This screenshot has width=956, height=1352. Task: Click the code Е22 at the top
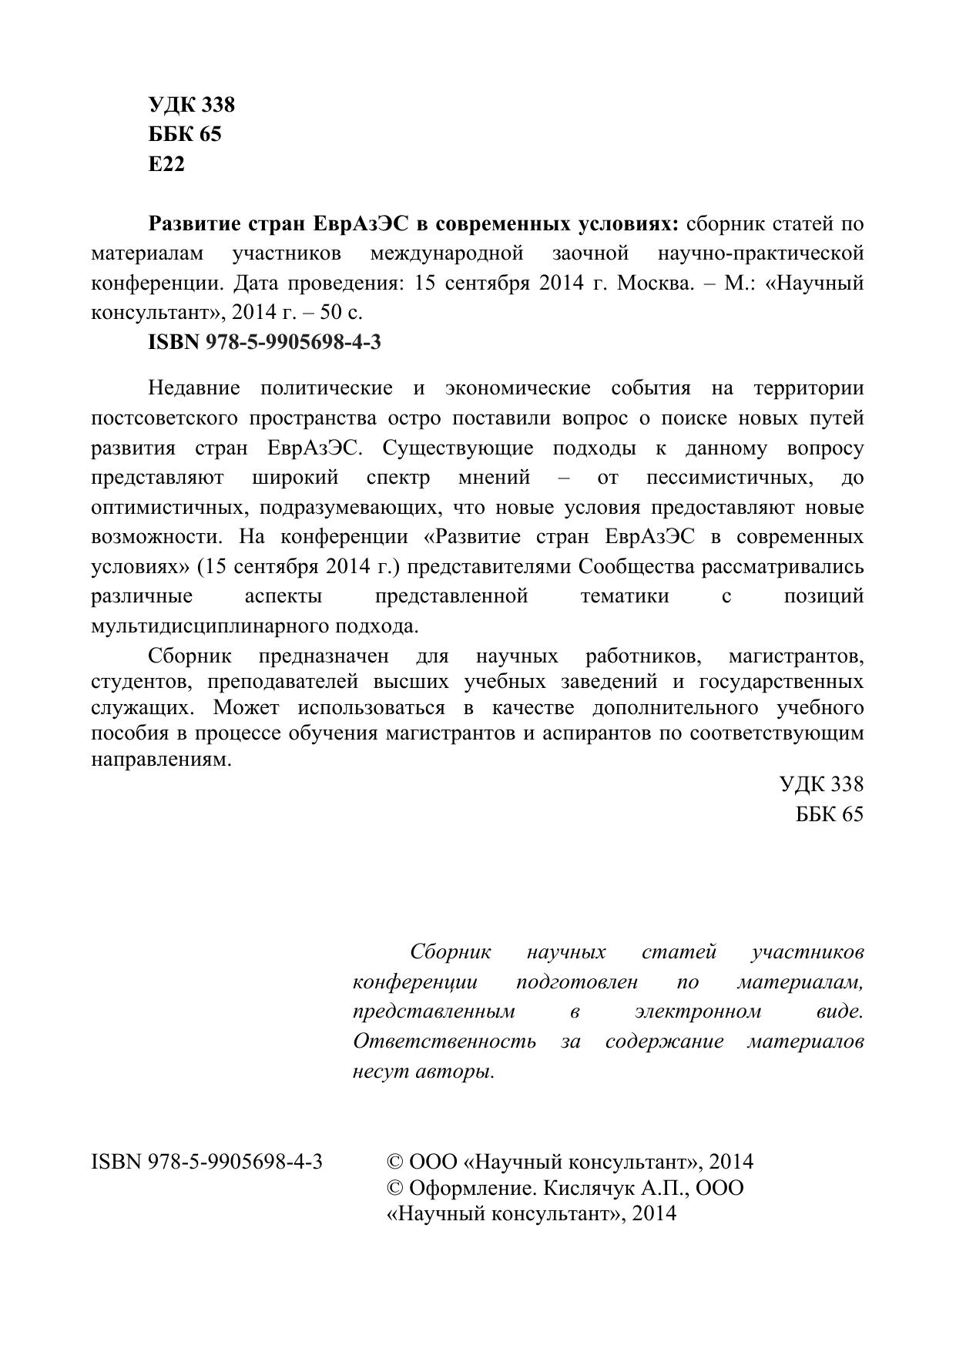166,164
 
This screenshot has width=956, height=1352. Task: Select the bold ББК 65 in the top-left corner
185,134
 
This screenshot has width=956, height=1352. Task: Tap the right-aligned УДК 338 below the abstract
821,784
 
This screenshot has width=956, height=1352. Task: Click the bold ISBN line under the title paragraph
264,342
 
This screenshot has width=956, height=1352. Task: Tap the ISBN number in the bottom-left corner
206,1162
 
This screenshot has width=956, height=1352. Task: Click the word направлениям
161,759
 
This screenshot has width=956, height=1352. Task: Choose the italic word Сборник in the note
451,952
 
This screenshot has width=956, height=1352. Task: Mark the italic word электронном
698,1011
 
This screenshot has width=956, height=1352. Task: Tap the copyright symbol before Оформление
394,1188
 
